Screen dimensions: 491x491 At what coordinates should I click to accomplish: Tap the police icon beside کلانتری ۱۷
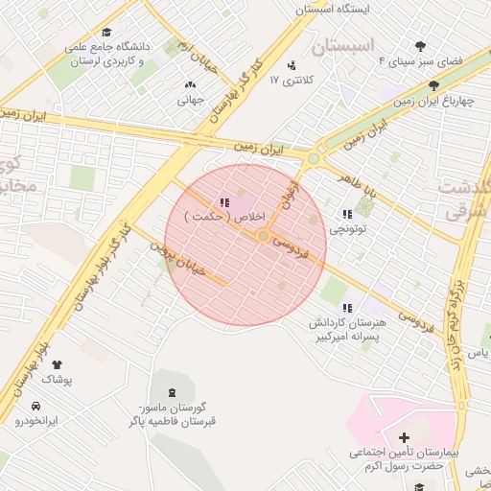tap(292, 66)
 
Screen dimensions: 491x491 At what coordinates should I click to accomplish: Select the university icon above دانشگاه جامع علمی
tap(105, 33)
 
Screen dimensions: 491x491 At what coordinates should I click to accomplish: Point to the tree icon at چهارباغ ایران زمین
tap(433, 85)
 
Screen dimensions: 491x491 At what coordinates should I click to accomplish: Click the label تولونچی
tap(347, 229)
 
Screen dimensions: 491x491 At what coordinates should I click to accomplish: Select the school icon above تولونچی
tap(347, 215)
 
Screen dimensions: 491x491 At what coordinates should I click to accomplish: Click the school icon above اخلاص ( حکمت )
tap(223, 203)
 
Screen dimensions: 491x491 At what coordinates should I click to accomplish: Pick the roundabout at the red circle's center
tap(263, 236)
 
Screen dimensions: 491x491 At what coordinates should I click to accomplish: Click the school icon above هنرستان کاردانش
tap(347, 308)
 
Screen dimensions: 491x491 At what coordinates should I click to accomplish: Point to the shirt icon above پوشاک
tap(57, 364)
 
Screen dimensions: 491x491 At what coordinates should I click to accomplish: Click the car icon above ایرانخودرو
tap(35, 406)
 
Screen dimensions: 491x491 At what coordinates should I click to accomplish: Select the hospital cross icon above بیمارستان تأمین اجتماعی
tap(404, 437)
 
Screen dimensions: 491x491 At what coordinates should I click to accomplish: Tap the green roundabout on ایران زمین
tap(314, 158)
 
